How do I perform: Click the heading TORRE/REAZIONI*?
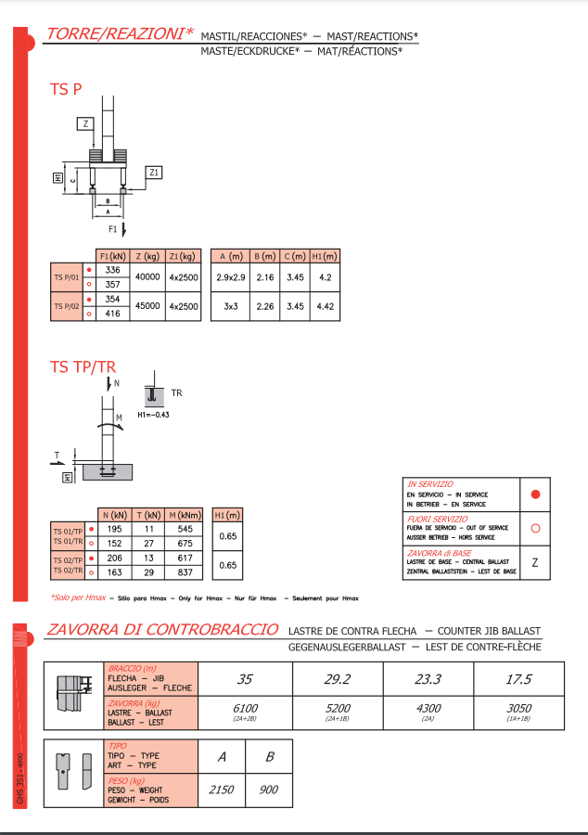[x=120, y=34]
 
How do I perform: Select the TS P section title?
[x=66, y=90]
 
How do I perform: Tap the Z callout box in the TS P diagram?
[x=84, y=123]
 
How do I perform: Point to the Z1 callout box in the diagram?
[x=154, y=172]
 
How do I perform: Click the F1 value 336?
[x=113, y=270]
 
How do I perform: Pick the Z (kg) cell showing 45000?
[x=147, y=306]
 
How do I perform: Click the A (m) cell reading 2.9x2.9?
[x=230, y=277]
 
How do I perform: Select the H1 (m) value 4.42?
[x=326, y=306]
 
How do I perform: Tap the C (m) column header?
[x=295, y=256]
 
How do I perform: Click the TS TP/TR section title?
[x=83, y=367]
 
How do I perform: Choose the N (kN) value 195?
[x=115, y=528]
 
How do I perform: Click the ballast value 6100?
[x=246, y=709]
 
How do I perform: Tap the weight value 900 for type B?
[x=269, y=790]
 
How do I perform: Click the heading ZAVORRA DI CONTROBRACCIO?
[x=162, y=629]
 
